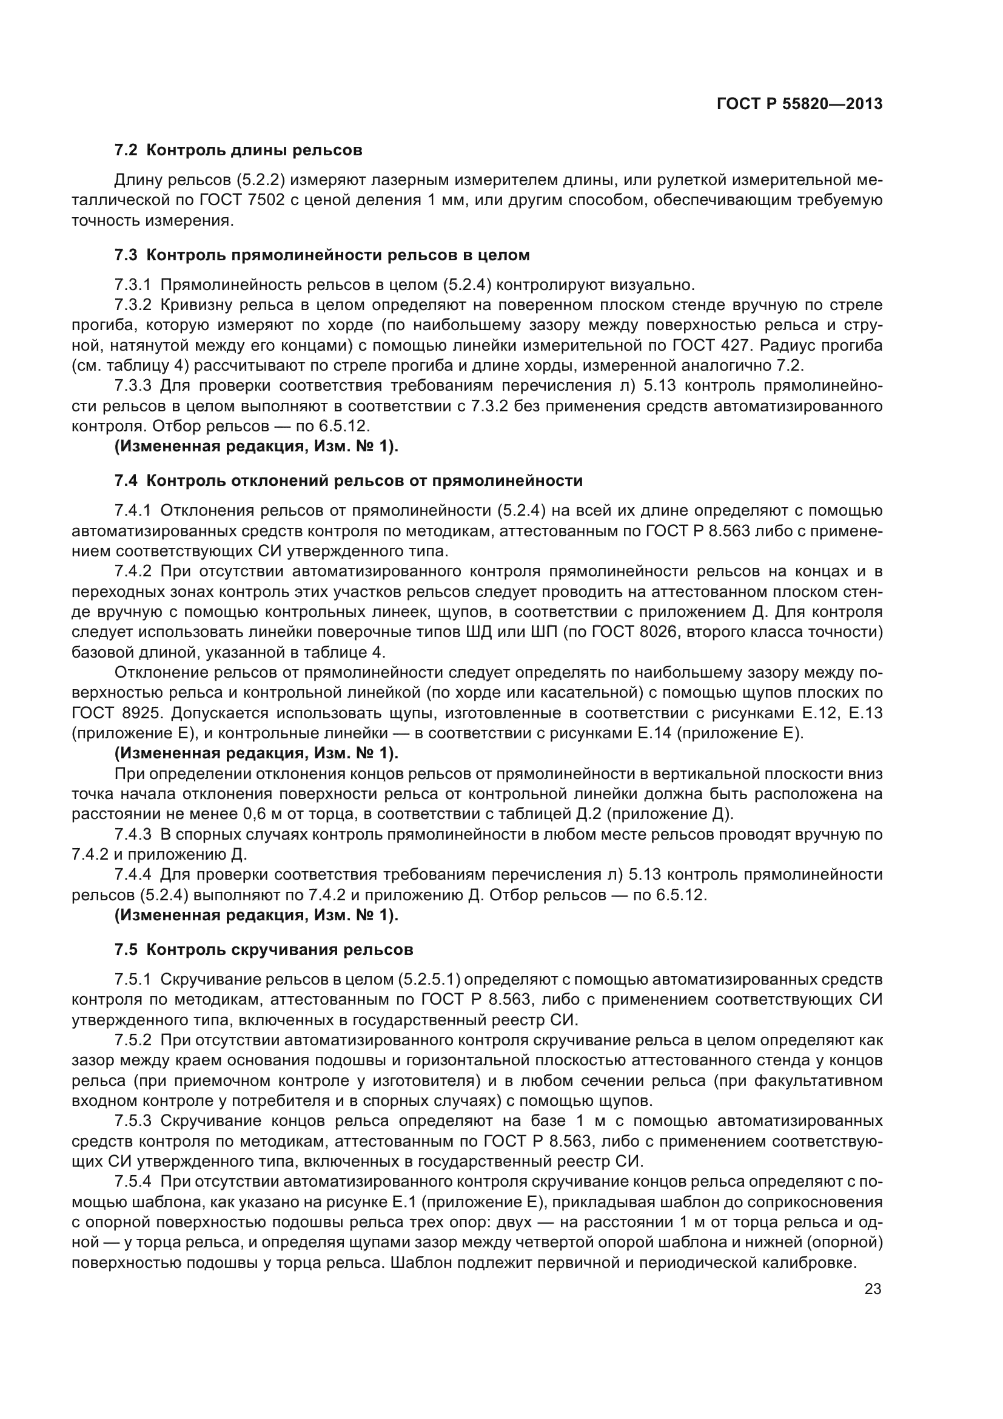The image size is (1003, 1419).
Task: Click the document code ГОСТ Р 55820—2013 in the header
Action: (x=799, y=104)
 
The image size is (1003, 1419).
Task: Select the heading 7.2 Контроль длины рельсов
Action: (x=238, y=150)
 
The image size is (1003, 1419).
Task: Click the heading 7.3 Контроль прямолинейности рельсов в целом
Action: (x=322, y=255)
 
